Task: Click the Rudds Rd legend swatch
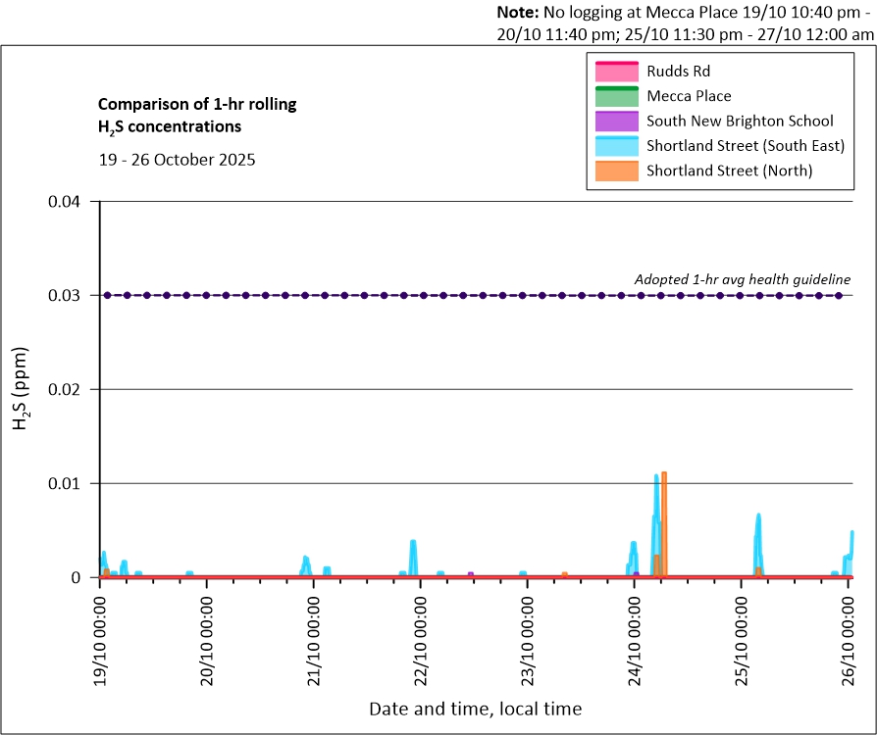(615, 72)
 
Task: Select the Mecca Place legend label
(689, 96)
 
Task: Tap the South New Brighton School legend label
(740, 122)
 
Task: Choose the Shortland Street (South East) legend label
(746, 146)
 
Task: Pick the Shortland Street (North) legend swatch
(615, 171)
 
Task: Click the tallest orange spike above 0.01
(664, 474)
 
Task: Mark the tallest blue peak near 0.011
(656, 477)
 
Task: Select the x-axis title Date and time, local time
(475, 709)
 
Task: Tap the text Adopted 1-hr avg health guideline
(742, 279)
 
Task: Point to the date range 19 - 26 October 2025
(177, 160)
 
